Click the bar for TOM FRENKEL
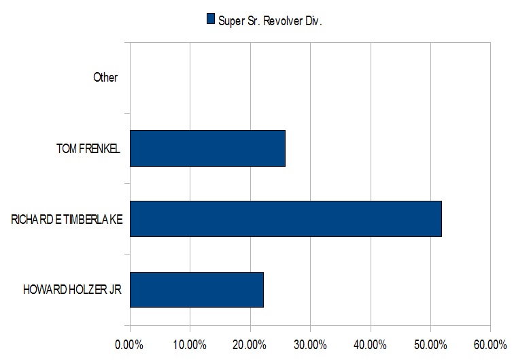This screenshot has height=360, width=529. tap(207, 148)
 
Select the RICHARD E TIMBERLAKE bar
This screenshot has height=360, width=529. tap(286, 219)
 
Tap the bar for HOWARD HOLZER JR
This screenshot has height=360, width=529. tap(197, 290)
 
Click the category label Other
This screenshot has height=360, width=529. tap(105, 78)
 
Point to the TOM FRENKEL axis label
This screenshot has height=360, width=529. tap(88, 148)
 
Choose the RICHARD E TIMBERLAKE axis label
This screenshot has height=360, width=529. tap(67, 220)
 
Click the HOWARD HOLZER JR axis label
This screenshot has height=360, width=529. tap(72, 290)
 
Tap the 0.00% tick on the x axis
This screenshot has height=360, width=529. tap(129, 345)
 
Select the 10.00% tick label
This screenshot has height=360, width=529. tap(190, 345)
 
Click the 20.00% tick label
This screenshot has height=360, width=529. tap(250, 345)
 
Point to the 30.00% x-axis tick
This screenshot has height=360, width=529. tap(310, 345)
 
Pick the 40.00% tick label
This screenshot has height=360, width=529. tap(370, 345)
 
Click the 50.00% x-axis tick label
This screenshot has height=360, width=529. tap(430, 345)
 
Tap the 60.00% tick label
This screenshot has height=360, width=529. tap(490, 345)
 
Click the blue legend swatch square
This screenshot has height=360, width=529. tap(211, 18)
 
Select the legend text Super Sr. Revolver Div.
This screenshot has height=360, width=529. tap(270, 21)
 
